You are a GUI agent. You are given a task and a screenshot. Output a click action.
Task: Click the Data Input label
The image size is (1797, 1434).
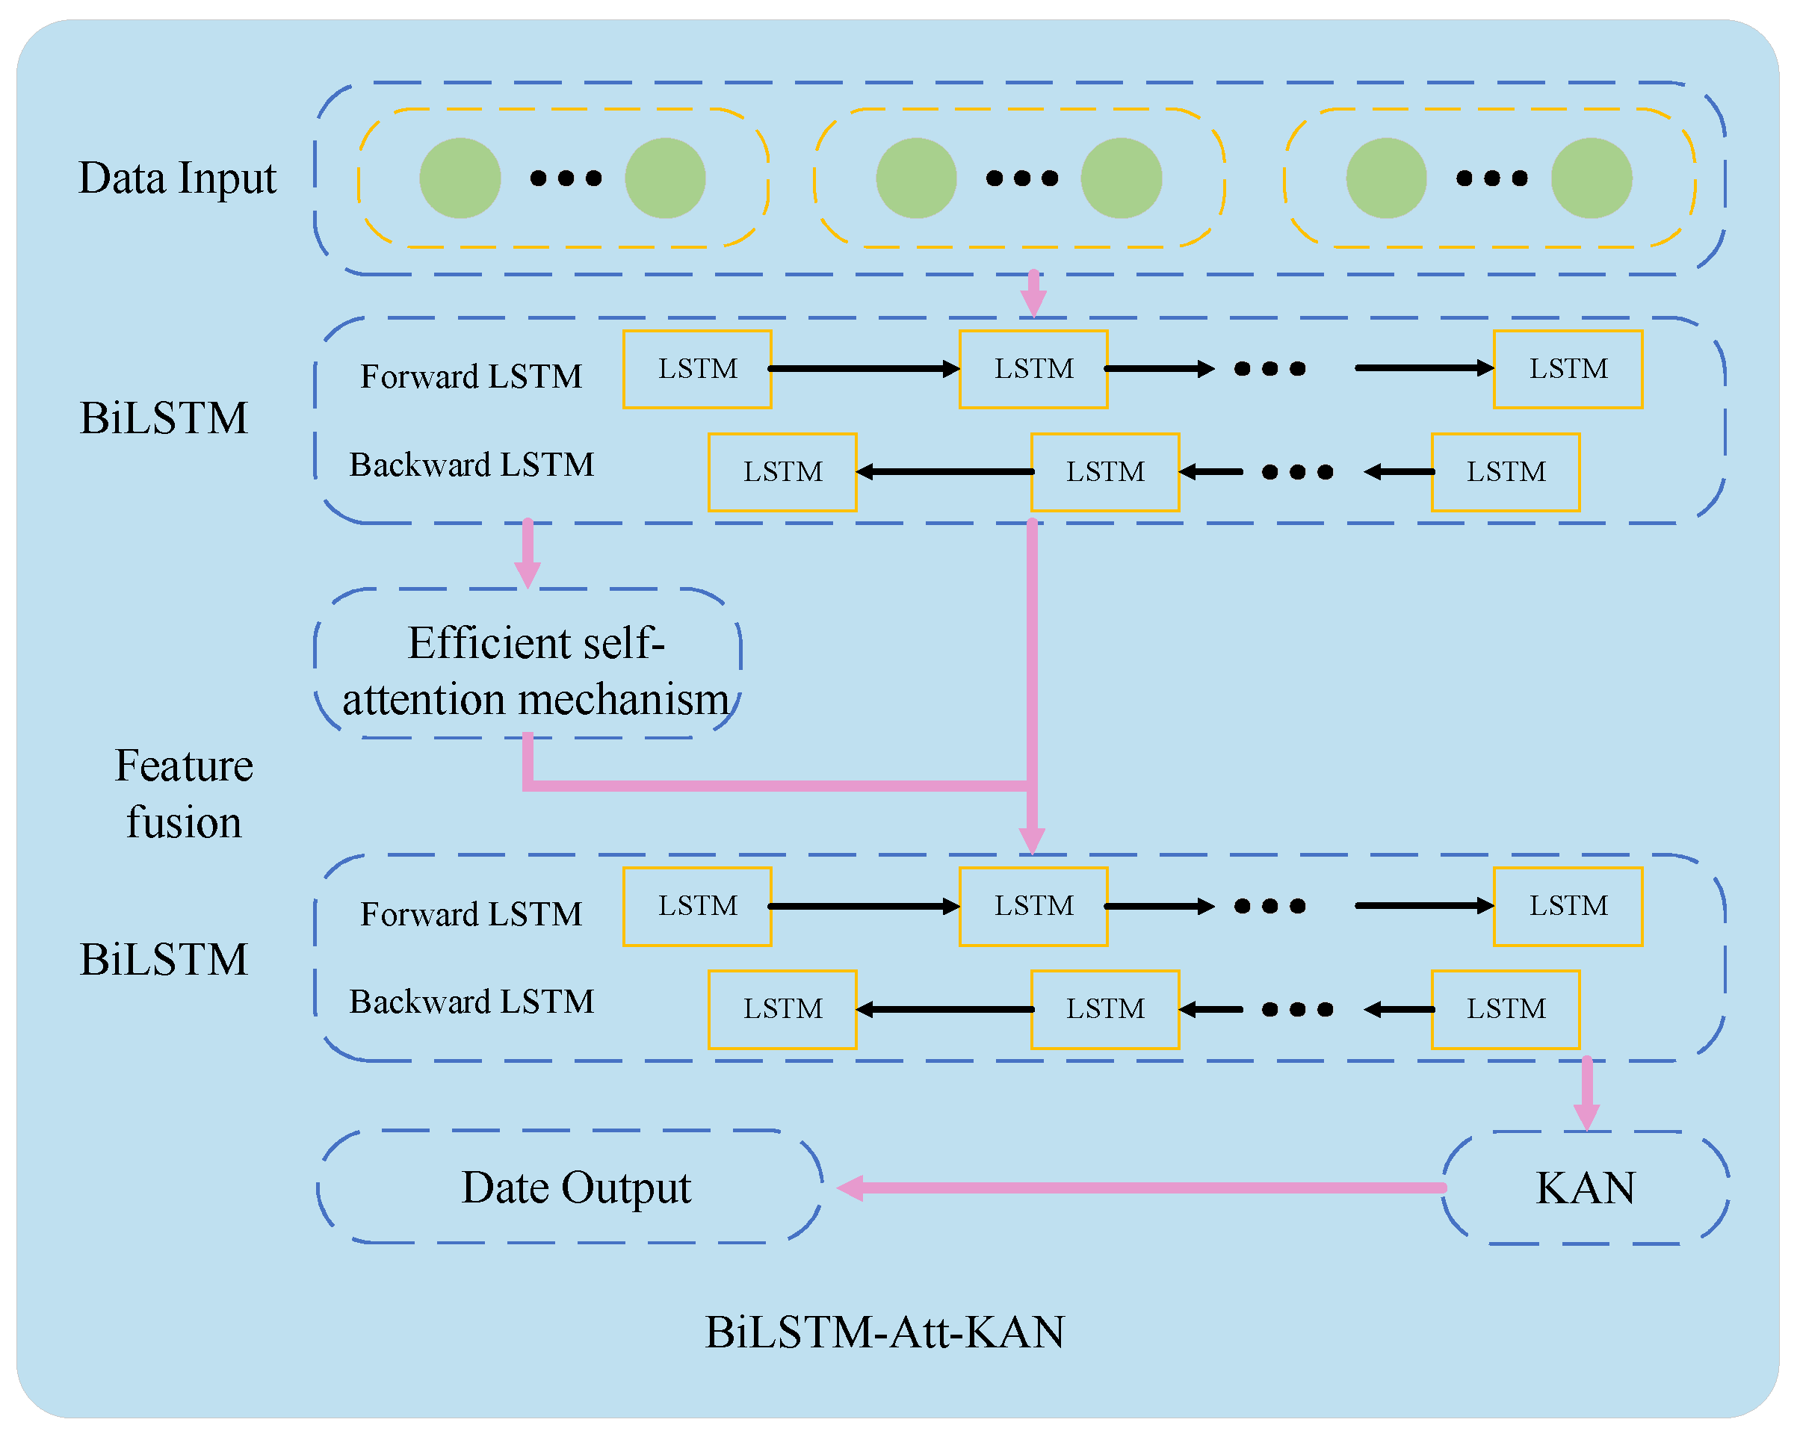click(176, 179)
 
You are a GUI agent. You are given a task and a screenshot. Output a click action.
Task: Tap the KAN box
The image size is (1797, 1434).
click(1586, 1188)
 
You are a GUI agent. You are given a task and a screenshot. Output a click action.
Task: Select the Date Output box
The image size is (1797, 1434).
click(575, 1188)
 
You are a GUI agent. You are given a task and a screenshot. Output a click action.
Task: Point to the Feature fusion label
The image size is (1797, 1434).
click(183, 793)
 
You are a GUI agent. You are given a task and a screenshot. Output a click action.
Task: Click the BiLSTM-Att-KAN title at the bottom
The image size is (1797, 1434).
click(885, 1332)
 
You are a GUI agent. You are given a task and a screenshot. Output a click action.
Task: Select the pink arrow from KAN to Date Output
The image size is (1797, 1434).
click(1142, 1188)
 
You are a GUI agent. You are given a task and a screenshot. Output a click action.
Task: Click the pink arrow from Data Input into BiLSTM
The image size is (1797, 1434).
click(1033, 294)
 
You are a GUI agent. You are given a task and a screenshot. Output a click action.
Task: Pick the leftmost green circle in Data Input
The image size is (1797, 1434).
click(460, 179)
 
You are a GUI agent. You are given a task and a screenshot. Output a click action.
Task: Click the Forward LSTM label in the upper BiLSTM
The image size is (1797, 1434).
click(471, 376)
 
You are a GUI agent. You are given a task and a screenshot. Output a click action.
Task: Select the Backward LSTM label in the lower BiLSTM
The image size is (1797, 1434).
click(471, 1002)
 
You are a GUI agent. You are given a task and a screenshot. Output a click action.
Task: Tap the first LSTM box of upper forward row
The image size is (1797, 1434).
click(697, 369)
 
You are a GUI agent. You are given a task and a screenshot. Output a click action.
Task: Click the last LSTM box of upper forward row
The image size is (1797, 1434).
click(1568, 369)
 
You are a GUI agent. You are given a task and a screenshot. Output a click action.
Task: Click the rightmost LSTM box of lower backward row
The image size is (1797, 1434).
click(1506, 1009)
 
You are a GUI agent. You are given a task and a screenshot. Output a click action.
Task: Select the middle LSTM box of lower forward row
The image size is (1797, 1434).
click(1033, 907)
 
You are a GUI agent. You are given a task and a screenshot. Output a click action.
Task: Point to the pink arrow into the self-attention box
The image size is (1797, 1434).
click(528, 554)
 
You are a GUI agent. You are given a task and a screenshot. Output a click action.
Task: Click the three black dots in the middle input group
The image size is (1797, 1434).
click(1022, 179)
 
